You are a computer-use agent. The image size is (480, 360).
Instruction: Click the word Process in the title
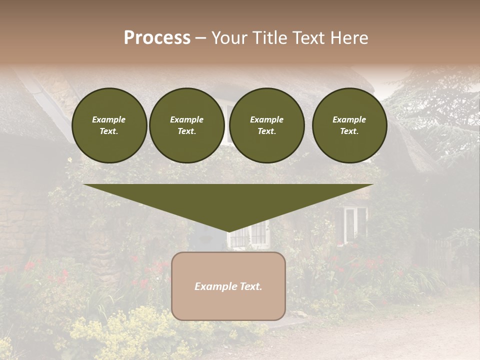[x=157, y=38]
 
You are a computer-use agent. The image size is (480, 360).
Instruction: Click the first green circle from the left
[x=109, y=125]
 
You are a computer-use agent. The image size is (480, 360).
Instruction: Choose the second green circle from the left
[x=187, y=125]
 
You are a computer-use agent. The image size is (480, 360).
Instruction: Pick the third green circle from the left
[x=267, y=125]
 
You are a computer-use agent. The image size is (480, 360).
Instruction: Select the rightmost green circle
[x=349, y=125]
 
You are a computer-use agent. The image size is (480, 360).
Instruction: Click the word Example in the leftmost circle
[x=109, y=119]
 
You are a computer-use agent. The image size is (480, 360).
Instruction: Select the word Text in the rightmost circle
[x=349, y=131]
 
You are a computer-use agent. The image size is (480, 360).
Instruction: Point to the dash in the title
[x=201, y=38]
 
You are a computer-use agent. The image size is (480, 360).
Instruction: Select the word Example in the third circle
[x=266, y=119]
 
